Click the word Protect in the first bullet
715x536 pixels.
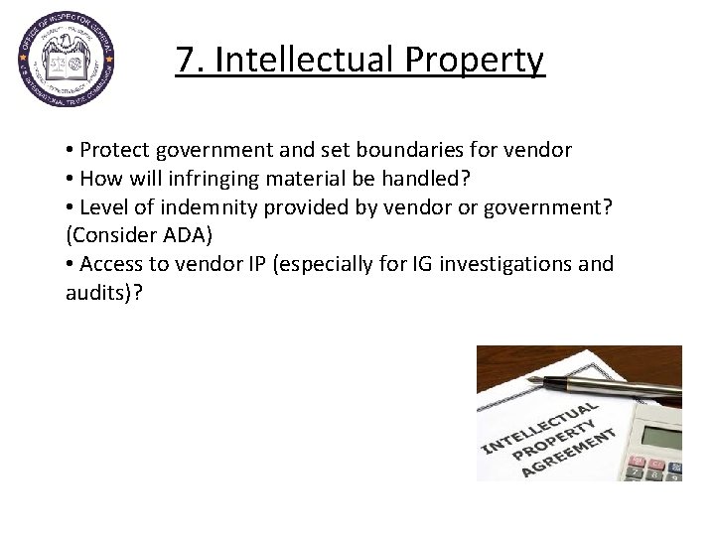(111, 151)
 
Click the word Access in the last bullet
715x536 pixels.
(111, 265)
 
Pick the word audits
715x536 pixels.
(90, 294)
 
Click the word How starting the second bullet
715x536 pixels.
(102, 180)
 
